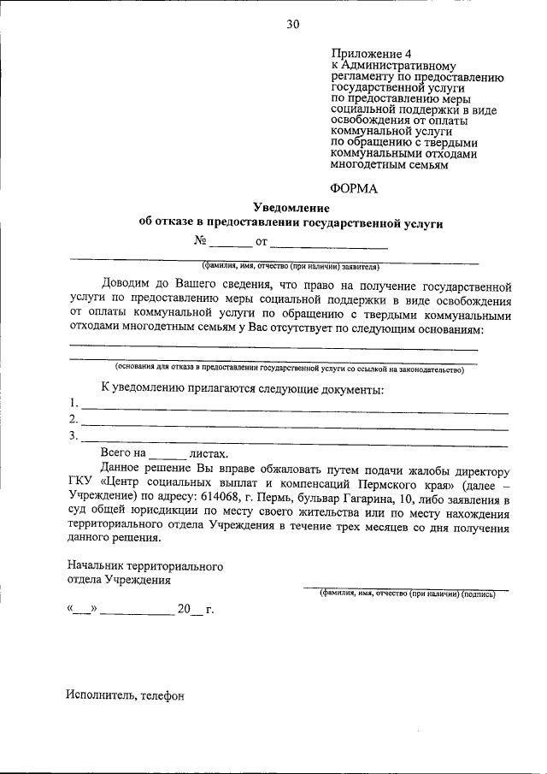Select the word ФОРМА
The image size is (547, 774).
pos(353,188)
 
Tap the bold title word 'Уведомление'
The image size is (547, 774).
pos(291,208)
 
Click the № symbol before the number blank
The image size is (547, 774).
pos(201,241)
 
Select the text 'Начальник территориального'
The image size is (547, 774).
pos(144,566)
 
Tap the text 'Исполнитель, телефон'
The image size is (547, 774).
pos(125,696)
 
